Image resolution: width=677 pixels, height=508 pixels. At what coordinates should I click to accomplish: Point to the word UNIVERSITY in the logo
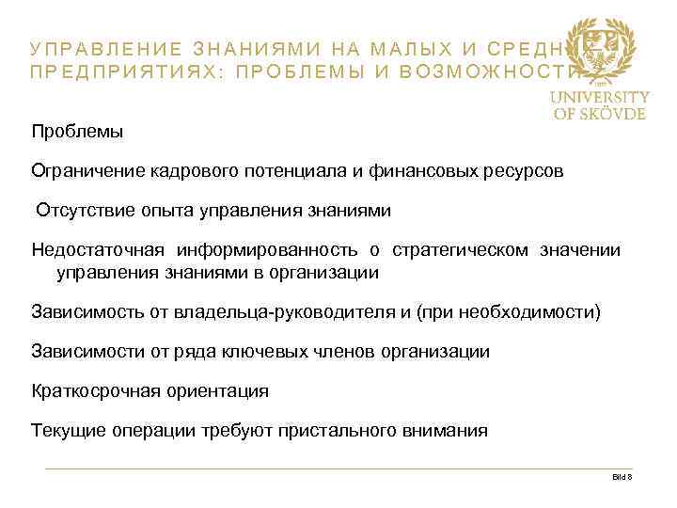tap(599, 97)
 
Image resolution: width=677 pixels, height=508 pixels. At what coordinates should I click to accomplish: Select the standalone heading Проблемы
tap(77, 130)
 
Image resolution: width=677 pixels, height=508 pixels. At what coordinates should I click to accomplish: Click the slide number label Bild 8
tap(622, 478)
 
